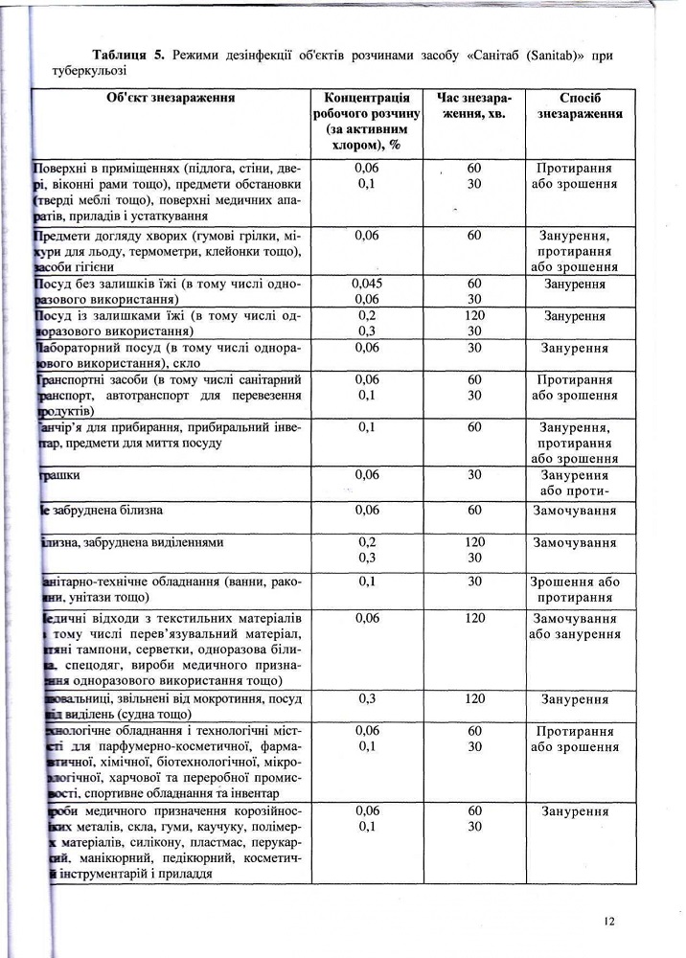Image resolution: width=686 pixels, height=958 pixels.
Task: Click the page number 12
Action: point(610,922)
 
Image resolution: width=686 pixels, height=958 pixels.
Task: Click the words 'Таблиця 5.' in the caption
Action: point(127,55)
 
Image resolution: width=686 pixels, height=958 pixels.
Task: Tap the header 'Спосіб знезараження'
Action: point(580,105)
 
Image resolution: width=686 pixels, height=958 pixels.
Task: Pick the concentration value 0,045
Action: point(368,285)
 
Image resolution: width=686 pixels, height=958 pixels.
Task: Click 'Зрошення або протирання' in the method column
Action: point(575,589)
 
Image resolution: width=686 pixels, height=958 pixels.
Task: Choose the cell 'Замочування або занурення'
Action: point(575,626)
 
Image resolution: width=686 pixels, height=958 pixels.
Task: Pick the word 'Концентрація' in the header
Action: point(368,98)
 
